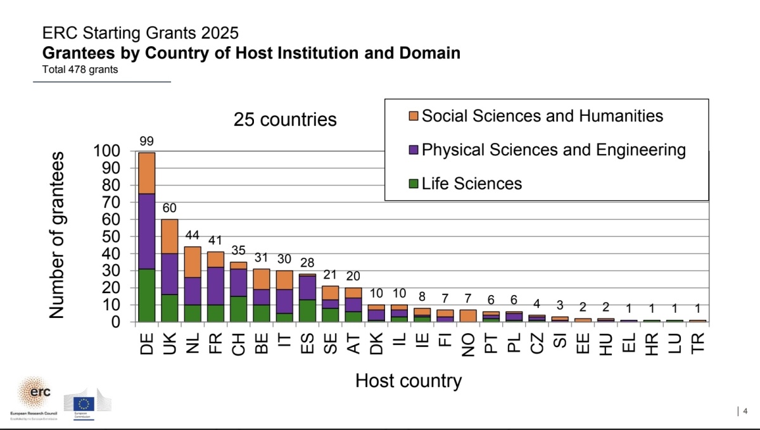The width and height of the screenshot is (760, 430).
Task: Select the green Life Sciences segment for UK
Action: (x=170, y=308)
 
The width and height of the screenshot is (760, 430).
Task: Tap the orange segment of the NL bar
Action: (x=193, y=262)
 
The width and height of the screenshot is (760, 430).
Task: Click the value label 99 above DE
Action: (x=147, y=141)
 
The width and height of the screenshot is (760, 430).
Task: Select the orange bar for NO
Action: (x=468, y=315)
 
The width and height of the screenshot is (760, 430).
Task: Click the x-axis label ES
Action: (x=307, y=343)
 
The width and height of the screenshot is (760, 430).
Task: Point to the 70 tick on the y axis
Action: (x=110, y=203)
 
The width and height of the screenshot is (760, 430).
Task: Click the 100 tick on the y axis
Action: (x=106, y=151)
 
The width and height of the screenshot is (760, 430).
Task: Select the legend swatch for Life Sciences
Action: (x=414, y=184)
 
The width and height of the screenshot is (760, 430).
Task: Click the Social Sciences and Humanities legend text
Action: (x=542, y=116)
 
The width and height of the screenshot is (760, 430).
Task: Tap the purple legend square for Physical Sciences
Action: (x=414, y=150)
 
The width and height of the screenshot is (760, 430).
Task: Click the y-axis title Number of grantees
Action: (x=57, y=234)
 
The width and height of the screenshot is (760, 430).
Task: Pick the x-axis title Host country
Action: (x=408, y=381)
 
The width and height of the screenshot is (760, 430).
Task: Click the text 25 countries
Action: (x=285, y=120)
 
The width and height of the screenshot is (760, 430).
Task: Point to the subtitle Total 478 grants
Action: (x=80, y=70)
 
